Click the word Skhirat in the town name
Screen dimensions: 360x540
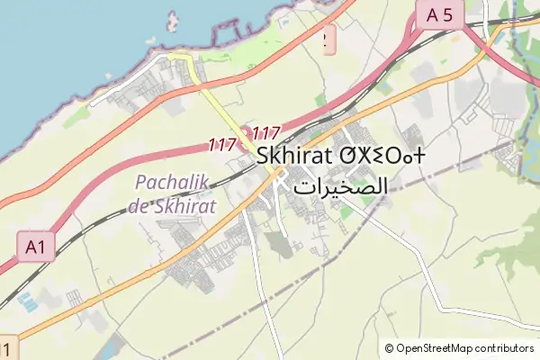[293, 156]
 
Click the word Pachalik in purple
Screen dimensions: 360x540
[171, 182]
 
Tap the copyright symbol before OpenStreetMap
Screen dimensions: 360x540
[390, 348]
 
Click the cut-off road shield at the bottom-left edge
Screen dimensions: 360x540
[7, 348]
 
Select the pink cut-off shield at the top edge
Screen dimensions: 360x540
[328, 36]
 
